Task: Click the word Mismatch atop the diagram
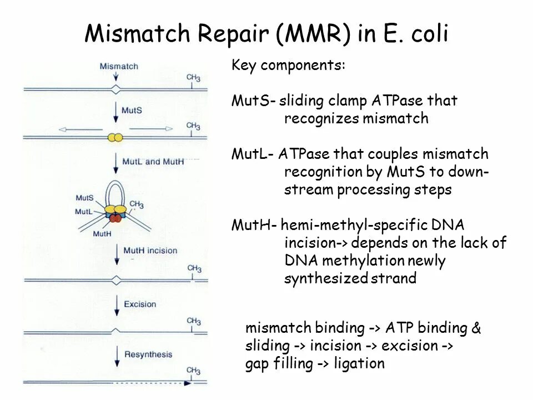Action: coord(119,66)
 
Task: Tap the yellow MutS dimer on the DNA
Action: coord(115,137)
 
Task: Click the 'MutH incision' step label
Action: coord(150,251)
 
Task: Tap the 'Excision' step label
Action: coord(140,304)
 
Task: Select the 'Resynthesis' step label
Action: coord(148,354)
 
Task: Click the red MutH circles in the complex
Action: coord(115,218)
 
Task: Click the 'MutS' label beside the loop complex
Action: coord(84,198)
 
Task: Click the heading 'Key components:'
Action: coord(288,66)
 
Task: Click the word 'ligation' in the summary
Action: coord(359,364)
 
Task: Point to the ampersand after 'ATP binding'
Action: coord(476,328)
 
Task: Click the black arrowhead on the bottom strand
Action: coord(188,383)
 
